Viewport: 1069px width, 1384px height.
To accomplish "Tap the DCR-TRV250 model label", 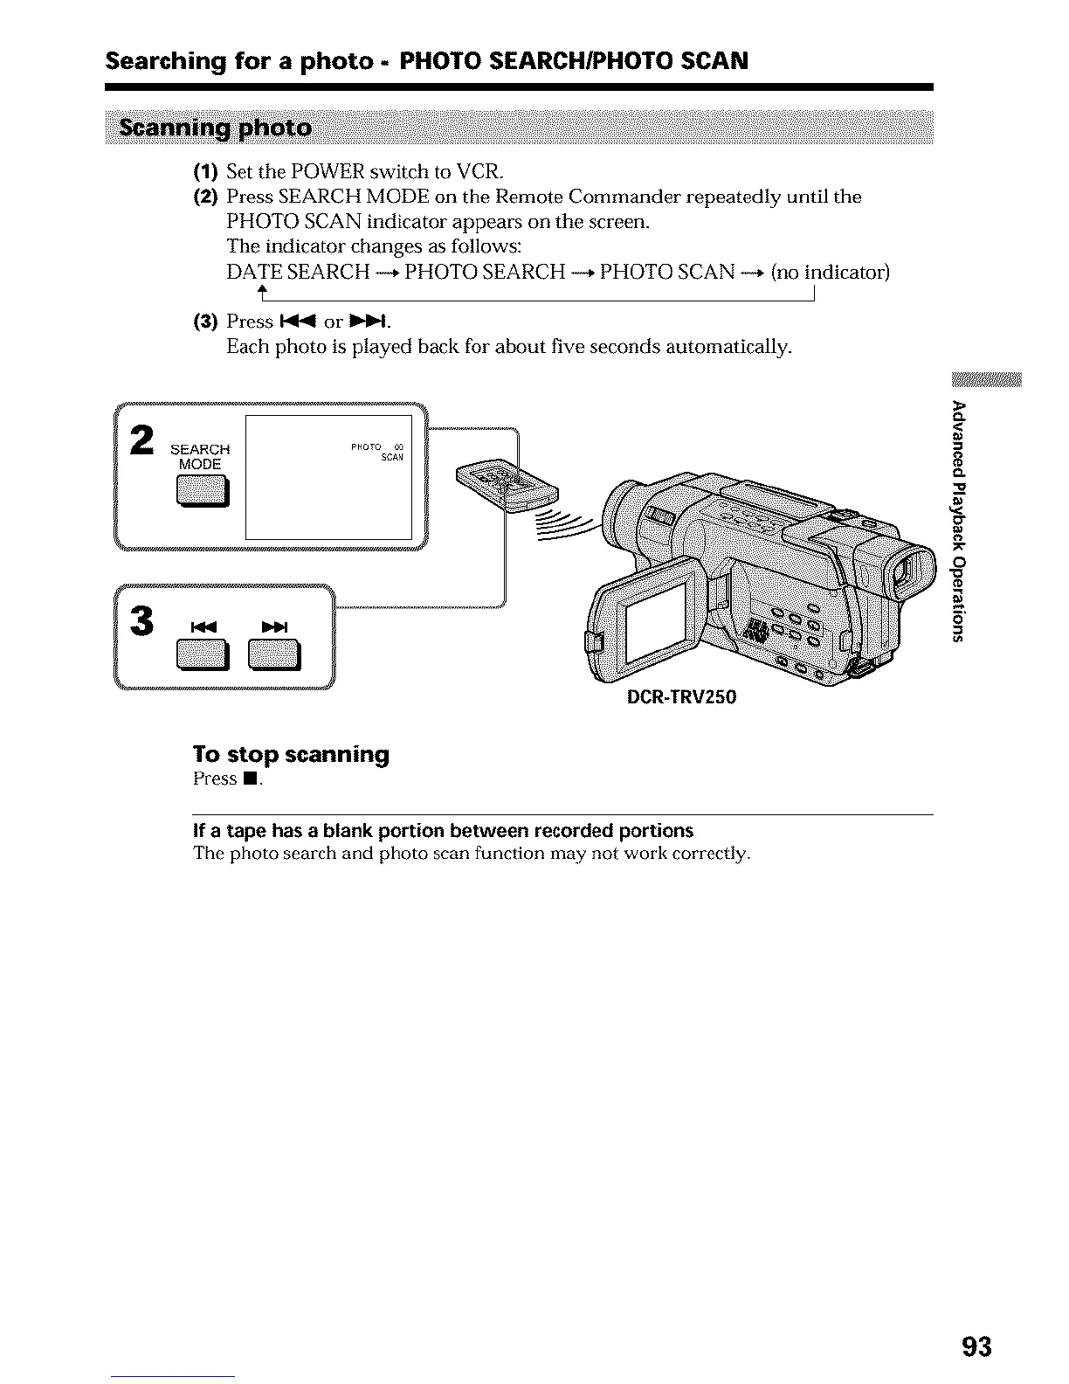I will click(x=680, y=696).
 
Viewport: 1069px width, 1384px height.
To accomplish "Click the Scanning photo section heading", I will click(x=216, y=128).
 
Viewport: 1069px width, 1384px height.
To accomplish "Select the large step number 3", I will click(x=141, y=620).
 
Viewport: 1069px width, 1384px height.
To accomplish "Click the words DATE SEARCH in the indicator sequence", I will click(x=298, y=272).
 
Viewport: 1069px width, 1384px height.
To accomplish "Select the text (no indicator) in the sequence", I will click(x=830, y=272).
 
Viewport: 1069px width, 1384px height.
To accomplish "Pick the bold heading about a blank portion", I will click(x=443, y=829).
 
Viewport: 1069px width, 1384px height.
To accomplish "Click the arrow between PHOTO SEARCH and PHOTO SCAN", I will click(x=583, y=273).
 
